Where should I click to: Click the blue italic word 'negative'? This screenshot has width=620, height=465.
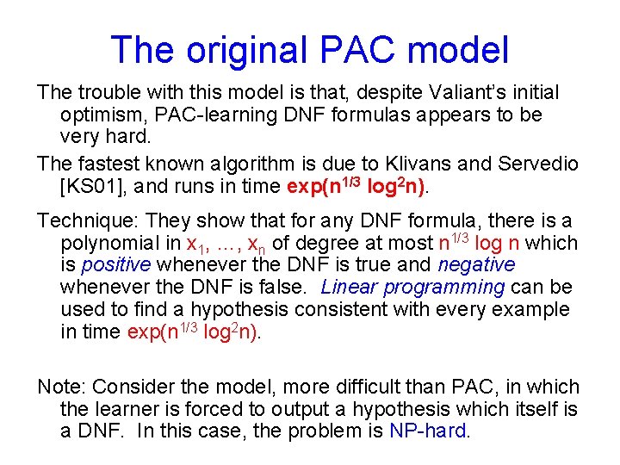(477, 265)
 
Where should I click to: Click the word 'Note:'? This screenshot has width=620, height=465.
(61, 387)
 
